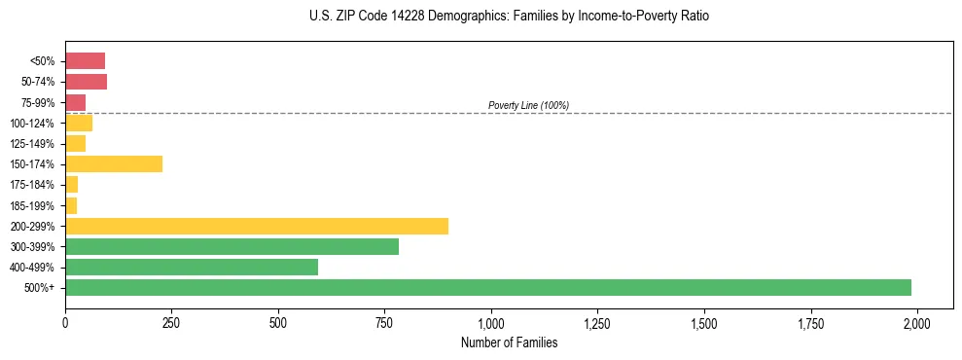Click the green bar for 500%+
tap(488, 287)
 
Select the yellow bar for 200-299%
tap(257, 226)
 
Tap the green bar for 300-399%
tap(232, 246)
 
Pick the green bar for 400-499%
tap(192, 267)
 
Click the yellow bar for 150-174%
tap(114, 163)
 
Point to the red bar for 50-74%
tap(86, 82)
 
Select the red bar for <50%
tap(85, 60)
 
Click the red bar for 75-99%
tap(75, 102)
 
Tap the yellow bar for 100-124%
tap(79, 123)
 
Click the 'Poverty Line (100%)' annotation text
tap(528, 105)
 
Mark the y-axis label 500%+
tap(41, 288)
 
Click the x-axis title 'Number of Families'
tap(509, 342)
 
